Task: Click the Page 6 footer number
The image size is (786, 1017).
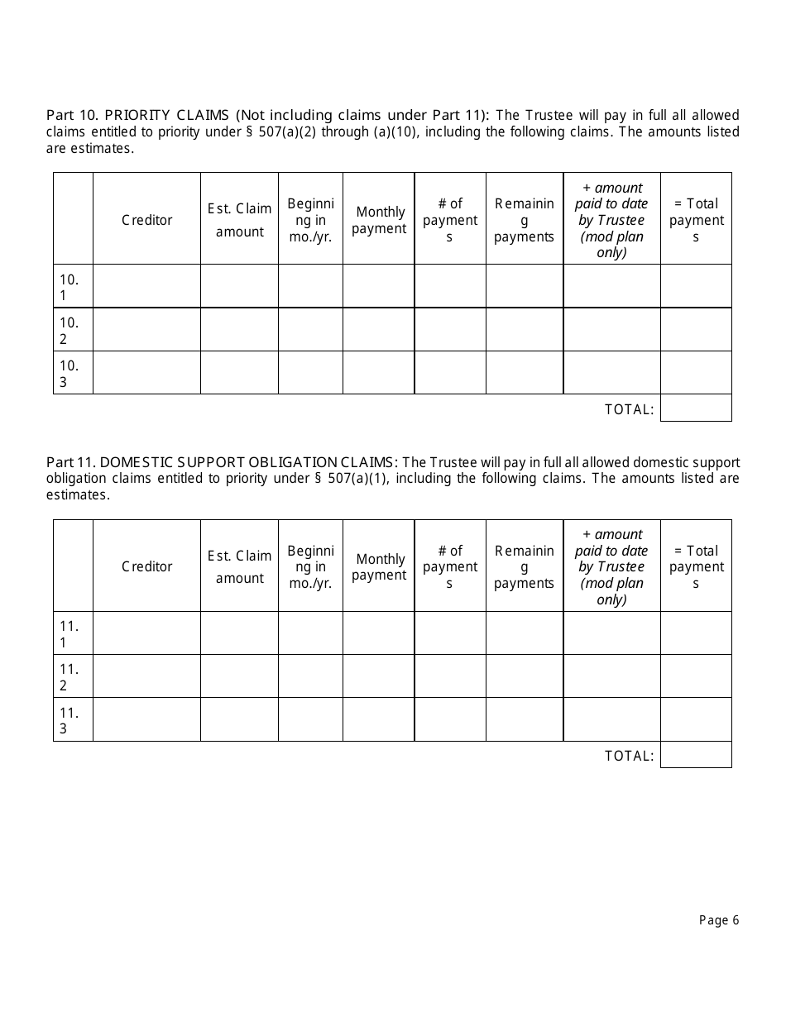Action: [718, 920]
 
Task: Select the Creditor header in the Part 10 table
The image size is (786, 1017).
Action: [147, 219]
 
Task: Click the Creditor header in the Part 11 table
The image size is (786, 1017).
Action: [147, 566]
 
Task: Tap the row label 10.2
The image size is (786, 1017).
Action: [69, 330]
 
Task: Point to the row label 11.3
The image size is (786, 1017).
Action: [69, 720]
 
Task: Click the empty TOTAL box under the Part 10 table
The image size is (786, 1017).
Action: [696, 408]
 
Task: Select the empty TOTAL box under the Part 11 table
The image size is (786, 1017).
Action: [696, 754]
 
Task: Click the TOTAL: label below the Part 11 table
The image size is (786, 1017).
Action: [629, 755]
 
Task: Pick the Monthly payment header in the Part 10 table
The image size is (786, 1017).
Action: [379, 220]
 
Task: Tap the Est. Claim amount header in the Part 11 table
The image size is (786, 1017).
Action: [239, 566]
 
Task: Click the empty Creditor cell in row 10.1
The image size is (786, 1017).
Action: [147, 286]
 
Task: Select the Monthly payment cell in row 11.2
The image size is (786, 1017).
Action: [379, 676]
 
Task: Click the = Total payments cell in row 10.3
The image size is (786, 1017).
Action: [696, 373]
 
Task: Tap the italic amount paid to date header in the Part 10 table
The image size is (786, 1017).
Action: [612, 219]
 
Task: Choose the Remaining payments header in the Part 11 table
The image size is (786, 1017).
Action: [524, 566]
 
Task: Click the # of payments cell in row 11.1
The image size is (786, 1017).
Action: [450, 633]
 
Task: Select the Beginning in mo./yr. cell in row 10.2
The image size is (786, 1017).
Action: [310, 330]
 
